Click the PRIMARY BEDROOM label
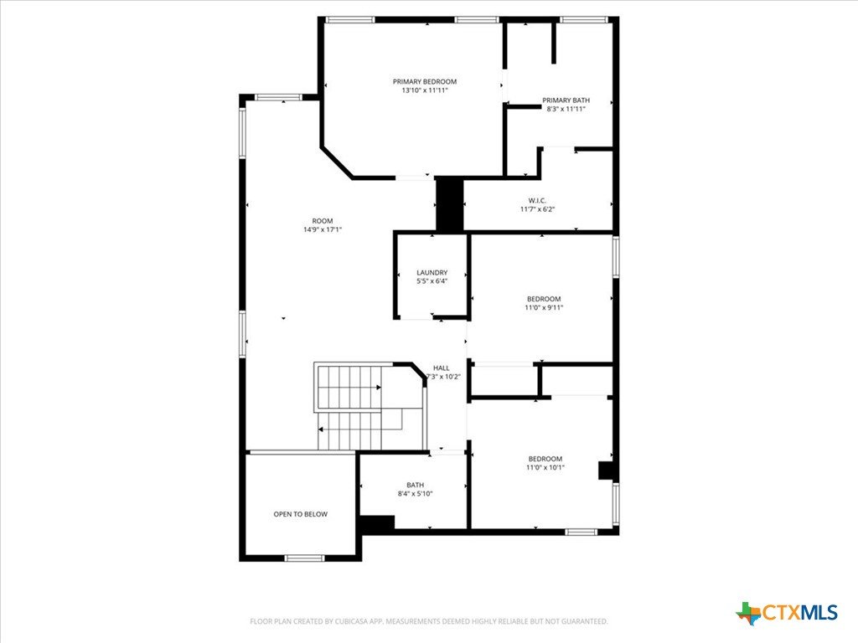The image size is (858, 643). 425,81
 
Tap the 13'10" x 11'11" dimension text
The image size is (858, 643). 425,90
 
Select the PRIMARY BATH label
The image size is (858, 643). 566,100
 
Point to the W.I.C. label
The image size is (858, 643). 537,201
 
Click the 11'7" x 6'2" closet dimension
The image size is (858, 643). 537,208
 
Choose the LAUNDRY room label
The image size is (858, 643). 432,272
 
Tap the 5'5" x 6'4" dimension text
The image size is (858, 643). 432,281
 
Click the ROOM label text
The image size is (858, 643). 323,221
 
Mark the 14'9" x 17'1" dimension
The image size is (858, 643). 323,229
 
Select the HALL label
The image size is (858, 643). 441,368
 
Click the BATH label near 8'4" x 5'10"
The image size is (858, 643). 415,485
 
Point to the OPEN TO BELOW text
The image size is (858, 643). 301,514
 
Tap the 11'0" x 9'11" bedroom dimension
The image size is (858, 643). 544,307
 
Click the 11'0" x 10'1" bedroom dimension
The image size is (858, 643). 545,467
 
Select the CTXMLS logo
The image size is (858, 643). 787,613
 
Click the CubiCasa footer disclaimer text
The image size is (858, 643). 428,621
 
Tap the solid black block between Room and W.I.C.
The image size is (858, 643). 450,203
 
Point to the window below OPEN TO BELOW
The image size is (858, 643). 304,558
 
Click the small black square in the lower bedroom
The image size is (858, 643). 605,471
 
